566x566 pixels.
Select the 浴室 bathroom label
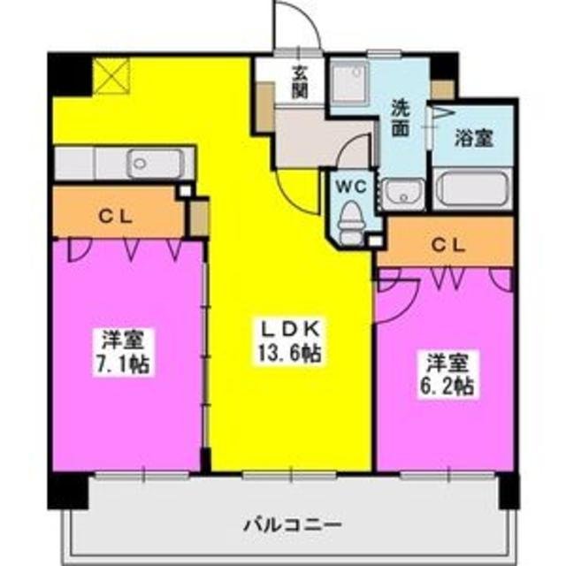point(473,139)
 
